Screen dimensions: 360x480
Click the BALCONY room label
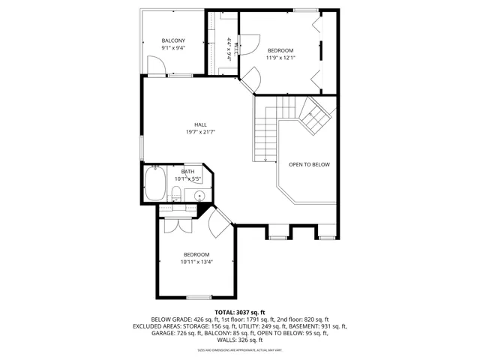click(173, 40)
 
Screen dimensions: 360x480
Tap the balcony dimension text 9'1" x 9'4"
click(173, 48)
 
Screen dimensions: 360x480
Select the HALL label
click(200, 124)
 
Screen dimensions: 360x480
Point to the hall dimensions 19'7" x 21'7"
click(200, 132)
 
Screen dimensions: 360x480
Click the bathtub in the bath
click(156, 184)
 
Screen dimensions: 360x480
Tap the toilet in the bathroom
click(174, 196)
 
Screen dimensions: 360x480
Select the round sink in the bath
click(199, 196)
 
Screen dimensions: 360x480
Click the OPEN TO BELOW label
click(309, 164)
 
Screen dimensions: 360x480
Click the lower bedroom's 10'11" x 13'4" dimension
click(196, 262)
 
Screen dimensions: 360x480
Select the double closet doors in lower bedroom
click(175, 225)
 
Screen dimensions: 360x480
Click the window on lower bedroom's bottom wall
click(198, 298)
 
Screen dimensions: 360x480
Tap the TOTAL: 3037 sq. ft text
click(240, 312)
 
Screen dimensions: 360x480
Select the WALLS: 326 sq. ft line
click(240, 340)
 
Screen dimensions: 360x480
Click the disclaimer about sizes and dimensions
click(240, 349)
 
